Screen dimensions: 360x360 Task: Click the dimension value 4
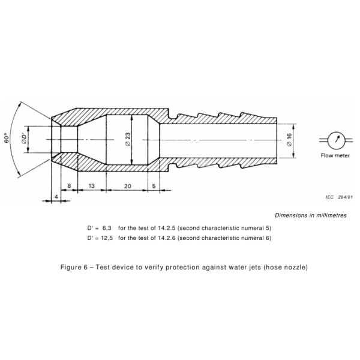click(56, 196)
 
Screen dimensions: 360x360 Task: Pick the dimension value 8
click(70, 186)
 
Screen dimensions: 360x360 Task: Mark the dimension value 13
click(92, 186)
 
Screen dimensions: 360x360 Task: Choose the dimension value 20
click(127, 186)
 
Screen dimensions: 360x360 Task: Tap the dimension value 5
click(154, 186)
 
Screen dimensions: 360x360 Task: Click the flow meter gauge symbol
click(337, 139)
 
